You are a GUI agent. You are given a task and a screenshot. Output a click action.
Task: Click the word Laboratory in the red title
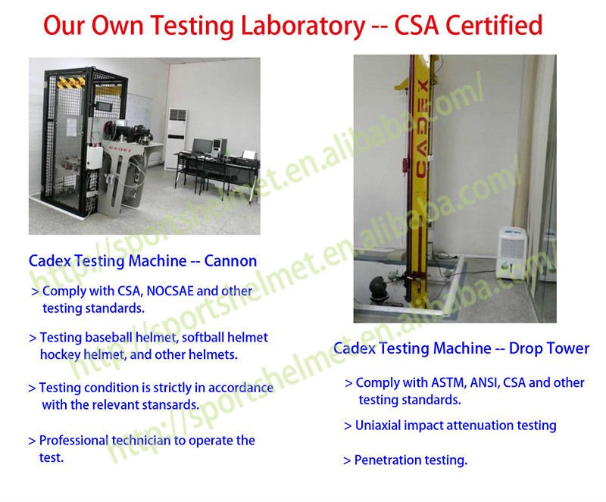pos(302,27)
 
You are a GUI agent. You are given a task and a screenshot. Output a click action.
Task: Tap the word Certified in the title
pos(494,25)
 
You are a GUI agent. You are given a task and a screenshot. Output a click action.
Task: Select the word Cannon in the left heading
pos(230,261)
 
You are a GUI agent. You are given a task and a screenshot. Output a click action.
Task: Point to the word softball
pos(203,338)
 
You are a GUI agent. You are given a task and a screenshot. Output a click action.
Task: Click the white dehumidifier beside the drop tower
pos(511,253)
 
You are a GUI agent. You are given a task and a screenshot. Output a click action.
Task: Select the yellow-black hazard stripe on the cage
pos(70,82)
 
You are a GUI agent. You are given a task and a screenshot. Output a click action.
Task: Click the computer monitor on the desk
pos(202,146)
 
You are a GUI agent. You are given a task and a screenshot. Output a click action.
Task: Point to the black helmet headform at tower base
pos(380,288)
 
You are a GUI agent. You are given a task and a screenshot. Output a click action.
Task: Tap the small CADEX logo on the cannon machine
pos(120,148)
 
